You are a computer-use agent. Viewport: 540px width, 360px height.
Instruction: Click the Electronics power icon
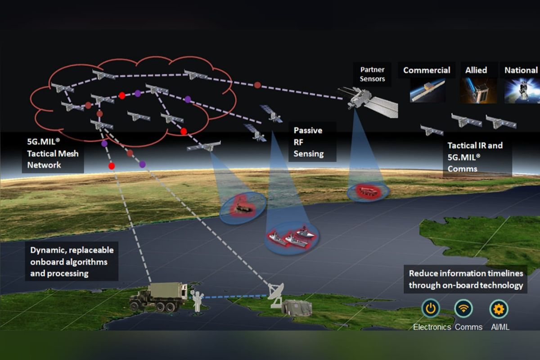[431, 308]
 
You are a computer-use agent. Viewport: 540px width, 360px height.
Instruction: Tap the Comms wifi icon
[463, 308]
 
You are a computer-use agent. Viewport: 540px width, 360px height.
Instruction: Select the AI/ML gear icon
[499, 309]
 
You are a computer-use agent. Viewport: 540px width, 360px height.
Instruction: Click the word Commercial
[427, 70]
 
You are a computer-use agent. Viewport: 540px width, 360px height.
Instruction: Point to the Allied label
[476, 70]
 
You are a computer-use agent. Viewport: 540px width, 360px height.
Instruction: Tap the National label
[521, 70]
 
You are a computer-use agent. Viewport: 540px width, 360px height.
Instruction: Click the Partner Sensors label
[373, 74]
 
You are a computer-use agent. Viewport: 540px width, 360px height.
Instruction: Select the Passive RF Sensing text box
[312, 142]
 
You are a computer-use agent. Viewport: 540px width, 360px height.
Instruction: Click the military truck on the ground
[158, 297]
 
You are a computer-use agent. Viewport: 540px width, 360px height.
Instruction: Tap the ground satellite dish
[276, 295]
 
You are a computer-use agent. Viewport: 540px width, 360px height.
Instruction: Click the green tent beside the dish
[297, 307]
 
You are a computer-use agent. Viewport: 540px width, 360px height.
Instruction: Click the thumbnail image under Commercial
[427, 90]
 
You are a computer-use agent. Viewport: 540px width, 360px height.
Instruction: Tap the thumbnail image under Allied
[478, 90]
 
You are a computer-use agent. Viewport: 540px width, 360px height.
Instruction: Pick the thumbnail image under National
[522, 90]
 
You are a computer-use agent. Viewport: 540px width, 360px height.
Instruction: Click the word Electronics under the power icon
[432, 327]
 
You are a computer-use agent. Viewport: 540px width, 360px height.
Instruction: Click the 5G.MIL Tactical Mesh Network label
[53, 153]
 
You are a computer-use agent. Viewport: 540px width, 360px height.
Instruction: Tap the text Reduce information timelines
[466, 273]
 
